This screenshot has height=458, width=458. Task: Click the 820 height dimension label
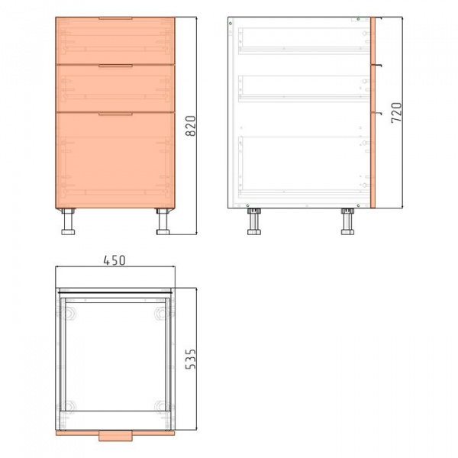(191, 126)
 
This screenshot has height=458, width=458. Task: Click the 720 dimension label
(396, 113)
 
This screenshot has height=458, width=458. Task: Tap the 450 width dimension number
(114, 260)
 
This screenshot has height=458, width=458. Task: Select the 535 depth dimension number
(191, 359)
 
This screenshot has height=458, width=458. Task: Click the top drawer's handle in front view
(115, 18)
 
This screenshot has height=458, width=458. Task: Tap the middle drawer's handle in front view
(115, 66)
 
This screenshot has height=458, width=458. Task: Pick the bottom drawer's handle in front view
(115, 114)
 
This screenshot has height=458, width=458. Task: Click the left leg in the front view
(68, 221)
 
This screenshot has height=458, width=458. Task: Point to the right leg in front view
(163, 221)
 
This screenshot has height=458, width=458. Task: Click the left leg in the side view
(254, 221)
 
